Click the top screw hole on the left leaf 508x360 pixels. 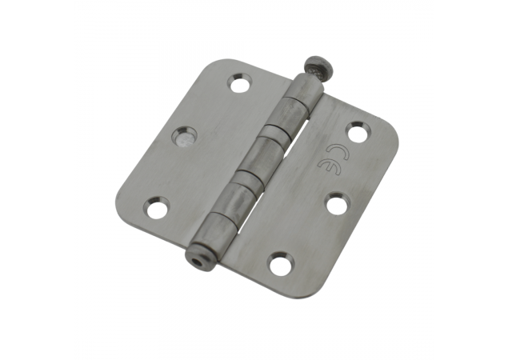coord(240,83)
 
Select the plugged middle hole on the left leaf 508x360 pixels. coord(184,136)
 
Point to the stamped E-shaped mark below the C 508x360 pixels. coord(325,166)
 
